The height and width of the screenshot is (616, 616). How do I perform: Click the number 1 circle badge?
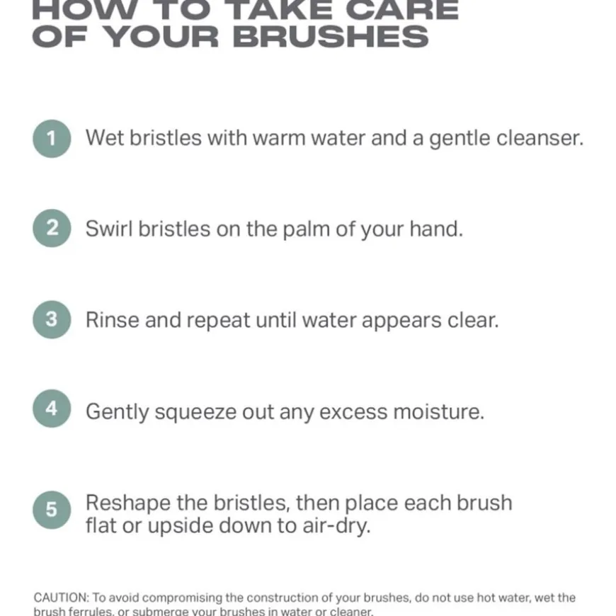(52, 138)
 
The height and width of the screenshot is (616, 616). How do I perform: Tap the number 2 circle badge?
(52, 229)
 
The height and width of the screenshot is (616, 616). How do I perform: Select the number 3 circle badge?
(52, 319)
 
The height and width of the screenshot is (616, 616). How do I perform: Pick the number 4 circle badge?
(52, 410)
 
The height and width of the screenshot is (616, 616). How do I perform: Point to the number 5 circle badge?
(52, 510)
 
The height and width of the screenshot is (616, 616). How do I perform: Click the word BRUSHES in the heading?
(331, 36)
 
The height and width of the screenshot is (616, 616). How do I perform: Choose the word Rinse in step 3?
(113, 319)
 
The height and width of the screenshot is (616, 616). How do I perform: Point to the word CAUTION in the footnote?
(61, 598)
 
